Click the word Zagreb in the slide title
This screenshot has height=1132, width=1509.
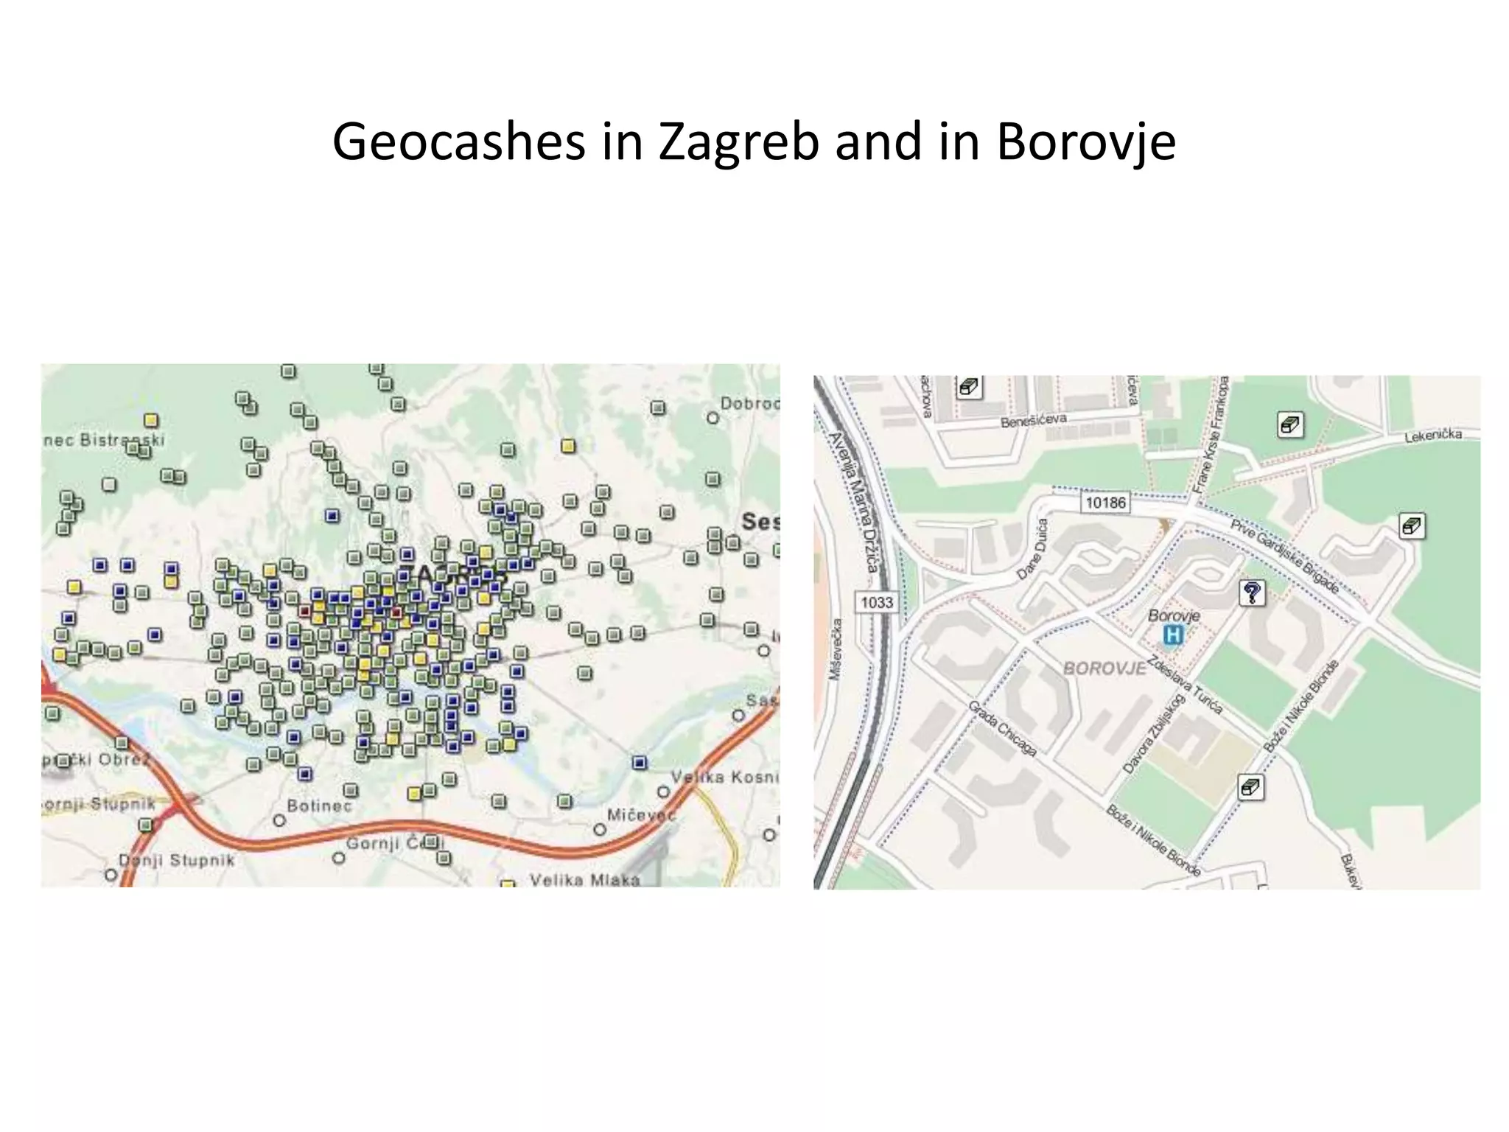click(738, 142)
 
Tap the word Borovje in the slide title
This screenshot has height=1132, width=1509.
click(1085, 142)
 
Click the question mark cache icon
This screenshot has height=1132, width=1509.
click(1252, 593)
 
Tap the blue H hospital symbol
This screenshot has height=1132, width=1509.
click(1172, 635)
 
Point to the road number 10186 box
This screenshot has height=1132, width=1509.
click(1105, 503)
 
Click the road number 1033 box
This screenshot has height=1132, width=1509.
click(876, 602)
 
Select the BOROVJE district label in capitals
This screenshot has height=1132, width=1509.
click(1104, 668)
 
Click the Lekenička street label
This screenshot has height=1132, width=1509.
click(1432, 436)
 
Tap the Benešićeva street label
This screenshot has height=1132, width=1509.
click(1033, 420)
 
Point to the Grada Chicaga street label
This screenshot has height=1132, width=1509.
click(1003, 728)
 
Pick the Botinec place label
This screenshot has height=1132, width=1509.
click(319, 806)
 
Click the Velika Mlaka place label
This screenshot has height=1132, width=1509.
click(584, 879)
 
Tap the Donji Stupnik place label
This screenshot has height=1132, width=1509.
click(177, 860)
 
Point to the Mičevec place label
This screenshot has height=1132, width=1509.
click(640, 814)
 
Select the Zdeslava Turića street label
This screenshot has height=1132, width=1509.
click(1186, 685)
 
